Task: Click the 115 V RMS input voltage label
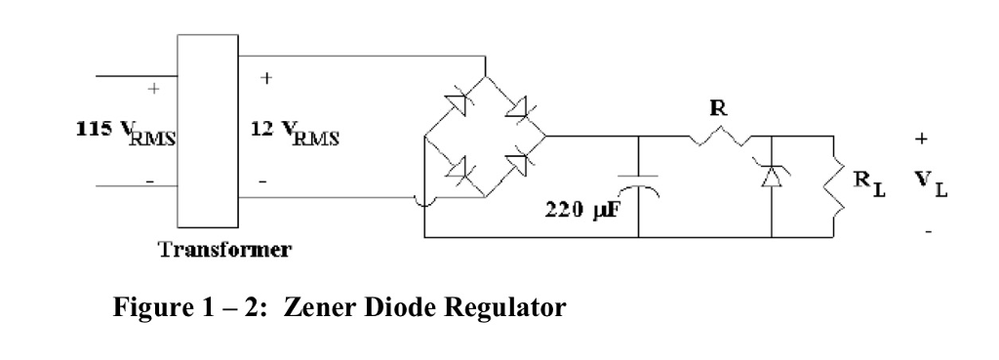[x=126, y=133]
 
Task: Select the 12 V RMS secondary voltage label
[x=296, y=133]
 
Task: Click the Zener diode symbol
[x=773, y=175]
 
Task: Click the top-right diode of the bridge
[x=514, y=104]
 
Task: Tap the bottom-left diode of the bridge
[x=456, y=171]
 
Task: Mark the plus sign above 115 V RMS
[x=152, y=88]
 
